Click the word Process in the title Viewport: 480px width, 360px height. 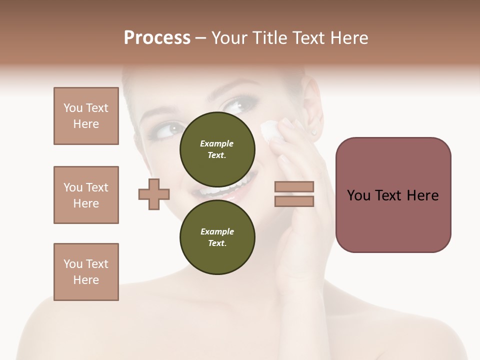click(x=157, y=38)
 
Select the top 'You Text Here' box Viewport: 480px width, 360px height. click(x=86, y=116)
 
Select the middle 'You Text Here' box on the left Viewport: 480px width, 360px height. click(x=86, y=195)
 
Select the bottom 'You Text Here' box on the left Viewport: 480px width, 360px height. click(x=86, y=272)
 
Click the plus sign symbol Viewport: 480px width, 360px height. click(x=154, y=194)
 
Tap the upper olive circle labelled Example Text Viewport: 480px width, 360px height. click(x=217, y=149)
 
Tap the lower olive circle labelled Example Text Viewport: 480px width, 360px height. click(x=217, y=237)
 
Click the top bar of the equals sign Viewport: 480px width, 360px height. click(x=294, y=186)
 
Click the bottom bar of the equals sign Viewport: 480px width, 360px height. click(x=294, y=201)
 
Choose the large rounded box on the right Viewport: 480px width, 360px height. click(x=393, y=195)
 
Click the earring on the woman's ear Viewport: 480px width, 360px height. click(x=314, y=132)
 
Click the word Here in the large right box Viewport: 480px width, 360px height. click(x=422, y=195)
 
